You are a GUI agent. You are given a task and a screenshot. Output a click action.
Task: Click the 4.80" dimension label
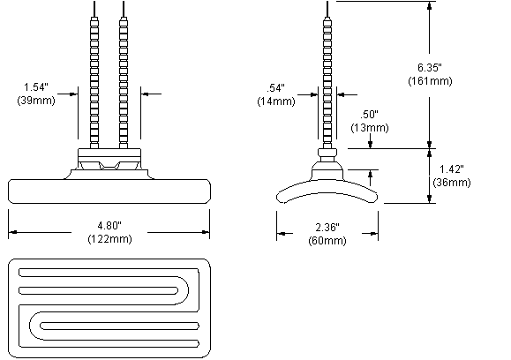[109, 225]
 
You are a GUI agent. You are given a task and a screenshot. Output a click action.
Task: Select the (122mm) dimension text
[109, 239]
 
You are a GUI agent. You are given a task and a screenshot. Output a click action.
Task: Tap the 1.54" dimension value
[36, 87]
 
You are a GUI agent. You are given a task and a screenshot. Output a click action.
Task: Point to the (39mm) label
[36, 101]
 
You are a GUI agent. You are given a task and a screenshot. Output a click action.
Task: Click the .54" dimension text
[275, 88]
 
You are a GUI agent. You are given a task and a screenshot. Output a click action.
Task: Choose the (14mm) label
[276, 101]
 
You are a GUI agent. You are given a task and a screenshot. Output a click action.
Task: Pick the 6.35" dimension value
[430, 67]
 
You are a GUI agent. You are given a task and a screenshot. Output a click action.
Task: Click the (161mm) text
[430, 81]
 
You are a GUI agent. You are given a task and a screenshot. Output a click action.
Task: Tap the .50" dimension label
[369, 115]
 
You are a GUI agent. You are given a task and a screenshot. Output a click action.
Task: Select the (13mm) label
[370, 127]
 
